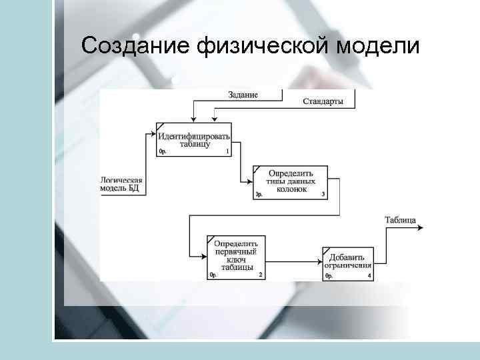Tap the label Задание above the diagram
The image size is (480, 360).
pyautogui.click(x=243, y=95)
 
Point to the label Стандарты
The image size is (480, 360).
pyautogui.click(x=323, y=101)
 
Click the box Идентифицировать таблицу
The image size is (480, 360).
pyautogui.click(x=194, y=139)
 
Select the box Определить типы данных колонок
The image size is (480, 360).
pyautogui.click(x=290, y=181)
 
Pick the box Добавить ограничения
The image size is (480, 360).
pyautogui.click(x=348, y=263)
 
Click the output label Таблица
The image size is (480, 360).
pyautogui.click(x=401, y=220)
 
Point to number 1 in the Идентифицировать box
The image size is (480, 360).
pyautogui.click(x=227, y=152)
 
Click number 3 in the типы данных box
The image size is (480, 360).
pyautogui.click(x=323, y=195)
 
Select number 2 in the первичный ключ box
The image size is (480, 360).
pyautogui.click(x=259, y=275)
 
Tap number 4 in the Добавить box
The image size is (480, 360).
pyautogui.click(x=368, y=275)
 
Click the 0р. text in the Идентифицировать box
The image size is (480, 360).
pyautogui.click(x=163, y=152)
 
